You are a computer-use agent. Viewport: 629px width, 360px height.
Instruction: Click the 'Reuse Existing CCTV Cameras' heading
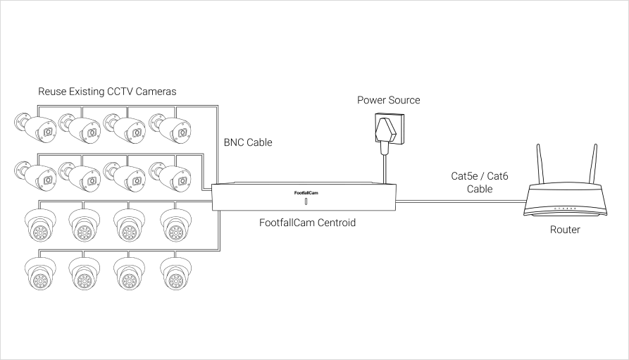click(107, 92)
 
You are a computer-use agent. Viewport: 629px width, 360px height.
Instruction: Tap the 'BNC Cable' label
click(248, 142)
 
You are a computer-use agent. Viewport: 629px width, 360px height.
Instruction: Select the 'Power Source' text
click(388, 100)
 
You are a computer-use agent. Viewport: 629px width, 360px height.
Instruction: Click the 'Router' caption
click(565, 230)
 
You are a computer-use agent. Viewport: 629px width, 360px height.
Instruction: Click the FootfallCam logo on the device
click(306, 192)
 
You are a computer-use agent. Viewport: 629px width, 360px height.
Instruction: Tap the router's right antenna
click(592, 165)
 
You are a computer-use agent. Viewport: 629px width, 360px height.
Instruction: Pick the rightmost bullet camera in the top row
click(170, 128)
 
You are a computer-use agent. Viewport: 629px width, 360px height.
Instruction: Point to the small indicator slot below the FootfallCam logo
click(306, 201)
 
